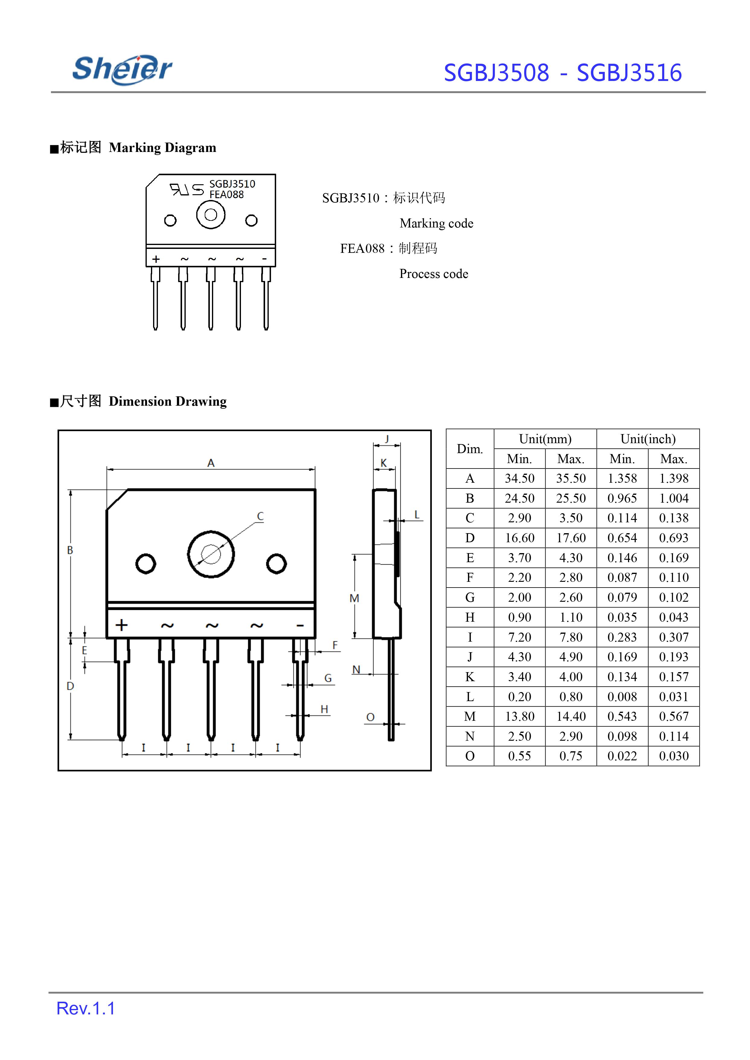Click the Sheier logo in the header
click(122, 69)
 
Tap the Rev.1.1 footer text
click(86, 1008)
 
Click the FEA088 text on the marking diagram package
click(226, 195)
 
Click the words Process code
click(434, 274)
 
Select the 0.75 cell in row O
click(571, 756)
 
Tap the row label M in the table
click(470, 716)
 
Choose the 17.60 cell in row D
click(571, 538)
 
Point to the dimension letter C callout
click(261, 517)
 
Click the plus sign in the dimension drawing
click(121, 625)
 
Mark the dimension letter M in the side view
click(354, 598)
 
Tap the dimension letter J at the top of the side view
click(387, 439)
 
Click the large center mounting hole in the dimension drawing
click(211, 554)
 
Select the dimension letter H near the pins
click(324, 709)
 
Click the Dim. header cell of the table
click(470, 449)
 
